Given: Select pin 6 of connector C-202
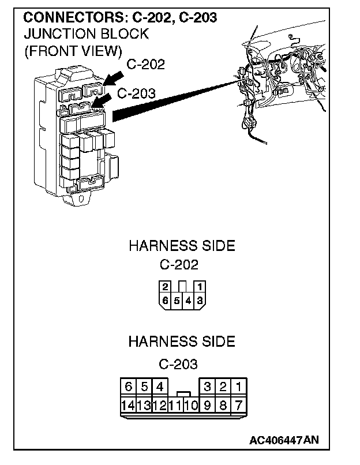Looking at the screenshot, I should (x=166, y=300).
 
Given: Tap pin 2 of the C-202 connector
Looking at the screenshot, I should (x=166, y=287).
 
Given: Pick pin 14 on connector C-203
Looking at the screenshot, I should (x=127, y=405).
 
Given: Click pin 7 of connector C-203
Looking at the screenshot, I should (x=239, y=405).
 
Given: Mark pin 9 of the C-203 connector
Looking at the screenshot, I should (x=207, y=405).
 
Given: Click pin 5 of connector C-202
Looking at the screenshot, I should (x=177, y=300).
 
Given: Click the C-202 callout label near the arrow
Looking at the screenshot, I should (x=145, y=64).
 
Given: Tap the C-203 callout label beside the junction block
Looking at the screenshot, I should (x=136, y=93).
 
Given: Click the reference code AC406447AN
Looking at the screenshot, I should (x=283, y=440).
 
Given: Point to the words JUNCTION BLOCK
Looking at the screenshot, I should (x=86, y=34).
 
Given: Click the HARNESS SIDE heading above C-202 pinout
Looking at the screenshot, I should (x=181, y=246).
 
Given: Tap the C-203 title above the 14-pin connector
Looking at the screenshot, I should (x=178, y=364).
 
